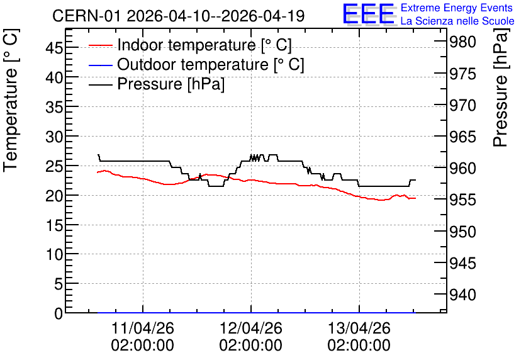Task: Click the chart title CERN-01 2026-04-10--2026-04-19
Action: pyautogui.click(x=179, y=16)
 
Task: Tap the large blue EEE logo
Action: pyautogui.click(x=368, y=14)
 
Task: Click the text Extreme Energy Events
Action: pyautogui.click(x=457, y=8)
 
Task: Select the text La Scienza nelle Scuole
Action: pyautogui.click(x=457, y=21)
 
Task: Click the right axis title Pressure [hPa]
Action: pyautogui.click(x=500, y=88)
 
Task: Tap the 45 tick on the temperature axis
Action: pyautogui.click(x=54, y=48)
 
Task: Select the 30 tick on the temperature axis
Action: pyautogui.click(x=54, y=136)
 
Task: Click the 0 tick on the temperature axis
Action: pyautogui.click(x=59, y=313)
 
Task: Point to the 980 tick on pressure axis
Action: pyautogui.click(x=462, y=42)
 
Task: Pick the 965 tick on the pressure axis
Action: pyautogui.click(x=462, y=137)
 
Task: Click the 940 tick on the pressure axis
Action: pyautogui.click(x=462, y=295)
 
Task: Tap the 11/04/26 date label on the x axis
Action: pyautogui.click(x=143, y=328)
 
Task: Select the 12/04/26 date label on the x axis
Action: pyautogui.click(x=251, y=328)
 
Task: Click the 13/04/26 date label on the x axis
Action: pyautogui.click(x=359, y=328)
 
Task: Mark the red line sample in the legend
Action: pyautogui.click(x=100, y=45)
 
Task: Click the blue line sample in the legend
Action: pyautogui.click(x=100, y=65)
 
